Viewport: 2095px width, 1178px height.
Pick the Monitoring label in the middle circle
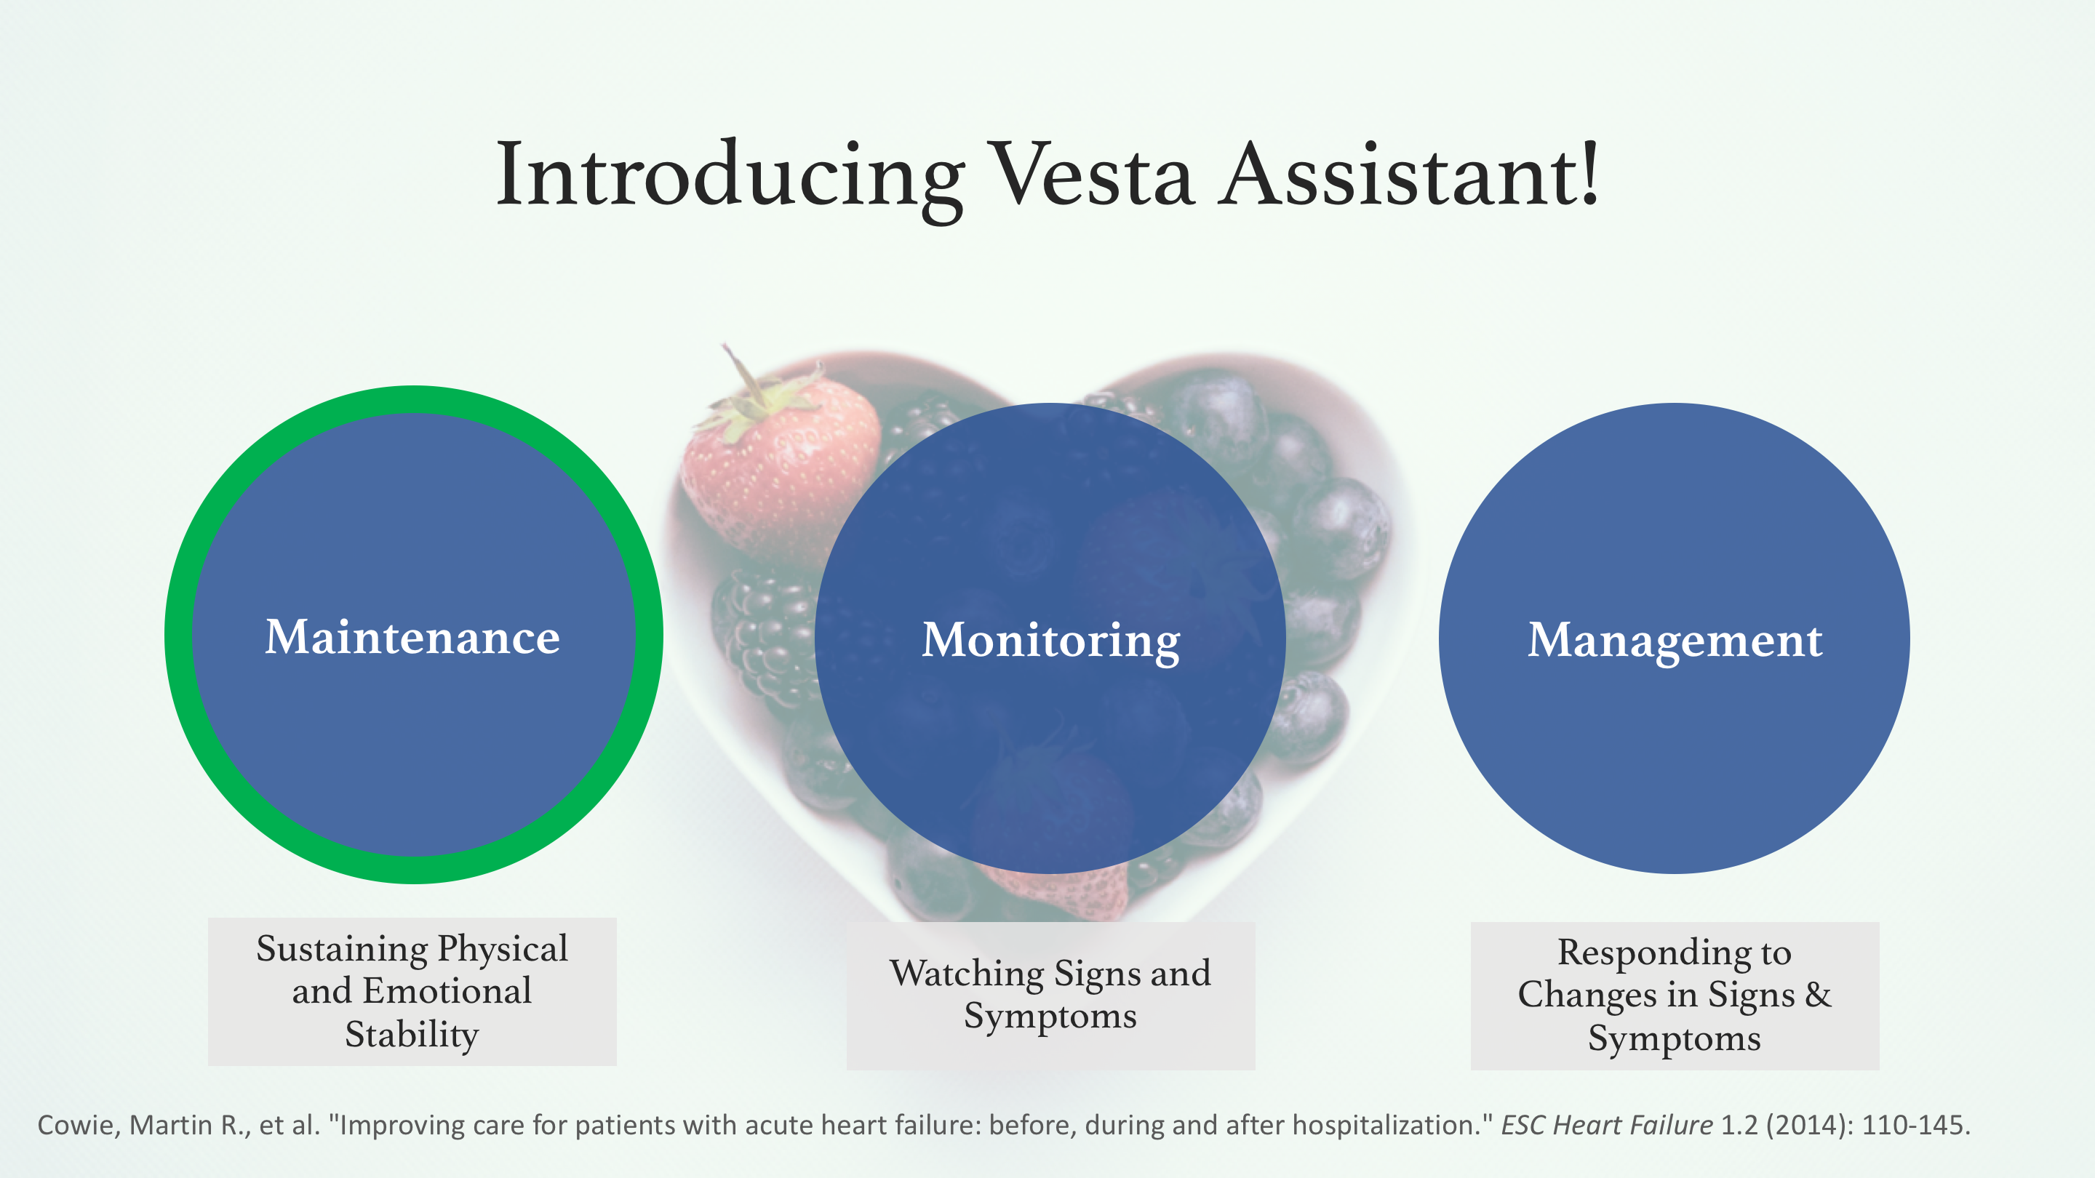point(1050,641)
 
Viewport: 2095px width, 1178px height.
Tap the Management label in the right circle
point(1675,641)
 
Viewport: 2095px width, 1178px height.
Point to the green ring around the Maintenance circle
point(178,635)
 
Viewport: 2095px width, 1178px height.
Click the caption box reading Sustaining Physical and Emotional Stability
point(412,992)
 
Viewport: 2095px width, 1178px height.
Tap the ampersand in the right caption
point(1819,994)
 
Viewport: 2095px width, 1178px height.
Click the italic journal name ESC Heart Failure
point(1607,1125)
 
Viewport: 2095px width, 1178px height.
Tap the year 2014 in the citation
point(1811,1125)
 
